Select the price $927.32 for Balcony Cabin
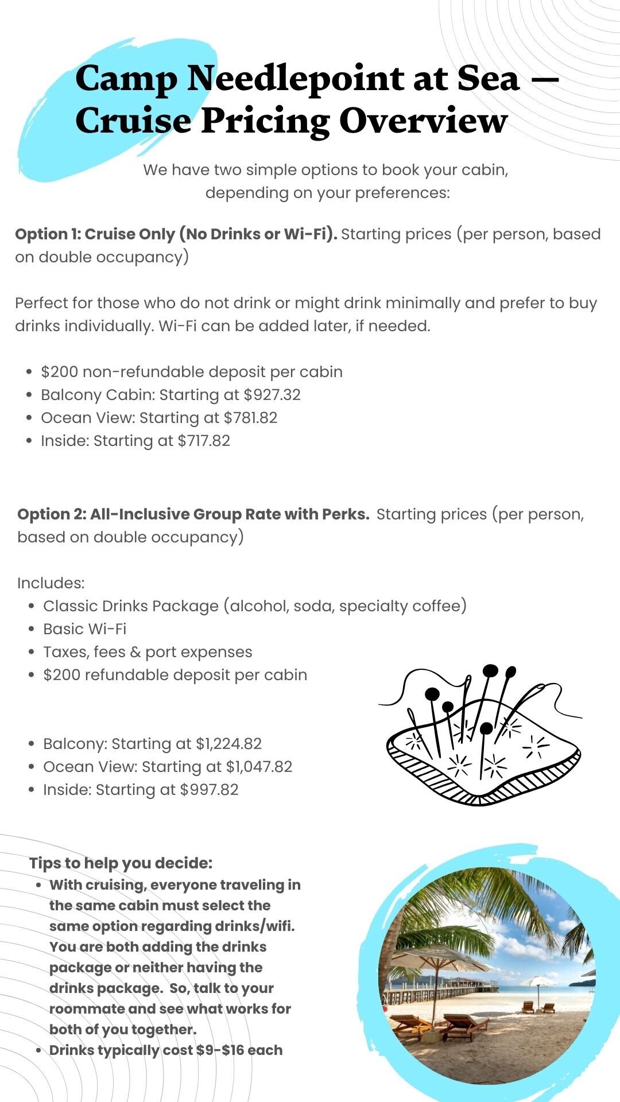[x=272, y=395]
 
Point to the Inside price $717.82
[x=204, y=441]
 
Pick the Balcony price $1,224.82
[x=228, y=744]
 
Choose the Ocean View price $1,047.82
[x=259, y=767]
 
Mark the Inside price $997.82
[x=209, y=790]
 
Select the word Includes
[x=51, y=583]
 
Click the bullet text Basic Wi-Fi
[x=84, y=629]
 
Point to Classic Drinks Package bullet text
[x=131, y=606]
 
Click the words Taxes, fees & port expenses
[x=148, y=652]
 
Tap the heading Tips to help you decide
[x=121, y=863]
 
